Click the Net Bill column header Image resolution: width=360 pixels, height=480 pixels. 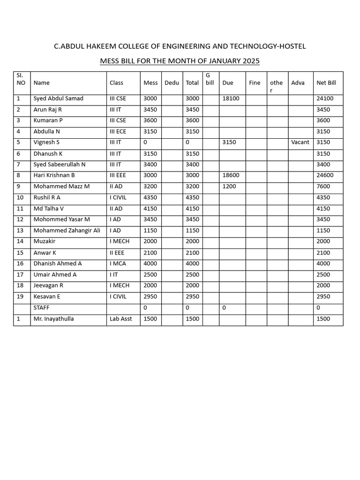(326, 83)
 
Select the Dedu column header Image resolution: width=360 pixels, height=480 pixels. (172, 83)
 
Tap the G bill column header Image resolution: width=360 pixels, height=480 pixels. (210, 79)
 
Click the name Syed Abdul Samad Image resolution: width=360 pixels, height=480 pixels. (58, 98)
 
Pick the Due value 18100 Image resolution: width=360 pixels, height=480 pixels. (231, 98)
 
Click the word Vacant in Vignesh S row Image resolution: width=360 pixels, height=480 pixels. (300, 142)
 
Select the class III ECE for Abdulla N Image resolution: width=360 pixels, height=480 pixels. (118, 132)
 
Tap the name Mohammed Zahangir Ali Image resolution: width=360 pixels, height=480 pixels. (67, 231)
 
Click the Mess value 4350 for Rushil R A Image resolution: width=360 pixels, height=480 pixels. (150, 197)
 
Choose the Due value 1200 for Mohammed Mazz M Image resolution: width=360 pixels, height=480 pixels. (229, 187)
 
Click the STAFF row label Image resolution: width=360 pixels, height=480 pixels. (41, 308)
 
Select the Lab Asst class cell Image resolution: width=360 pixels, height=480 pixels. (120, 319)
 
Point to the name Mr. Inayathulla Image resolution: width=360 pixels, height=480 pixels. (53, 319)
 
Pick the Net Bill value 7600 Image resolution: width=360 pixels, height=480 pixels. (323, 187)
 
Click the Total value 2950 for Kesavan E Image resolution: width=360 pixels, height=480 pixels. (192, 297)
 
